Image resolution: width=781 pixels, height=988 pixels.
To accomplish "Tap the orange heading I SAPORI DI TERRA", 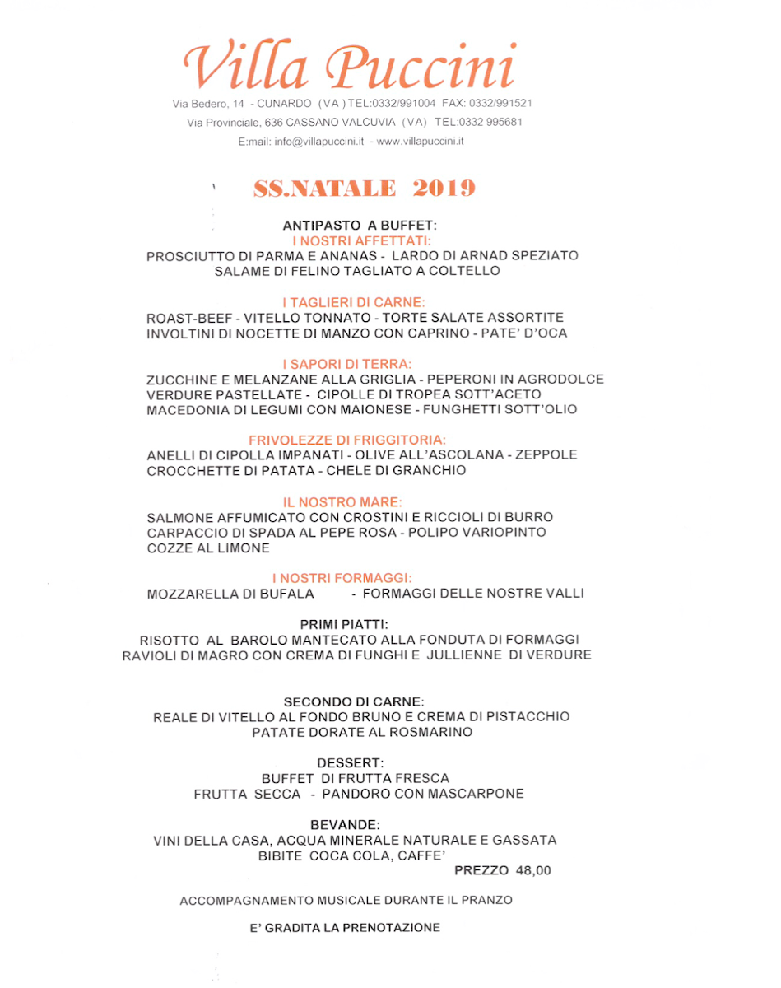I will coord(346,364).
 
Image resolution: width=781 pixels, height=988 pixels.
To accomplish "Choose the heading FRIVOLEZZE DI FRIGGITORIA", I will coord(346,440).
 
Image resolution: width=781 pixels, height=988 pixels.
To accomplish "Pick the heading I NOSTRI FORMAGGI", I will coord(342,578).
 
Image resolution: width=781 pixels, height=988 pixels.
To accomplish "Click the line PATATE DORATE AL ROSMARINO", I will coord(362,732).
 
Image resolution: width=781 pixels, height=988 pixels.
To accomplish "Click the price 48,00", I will coord(533,870).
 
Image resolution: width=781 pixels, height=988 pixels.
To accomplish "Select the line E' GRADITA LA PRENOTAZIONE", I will coord(345,928).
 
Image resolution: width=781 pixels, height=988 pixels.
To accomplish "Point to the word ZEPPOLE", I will coord(546,455).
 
